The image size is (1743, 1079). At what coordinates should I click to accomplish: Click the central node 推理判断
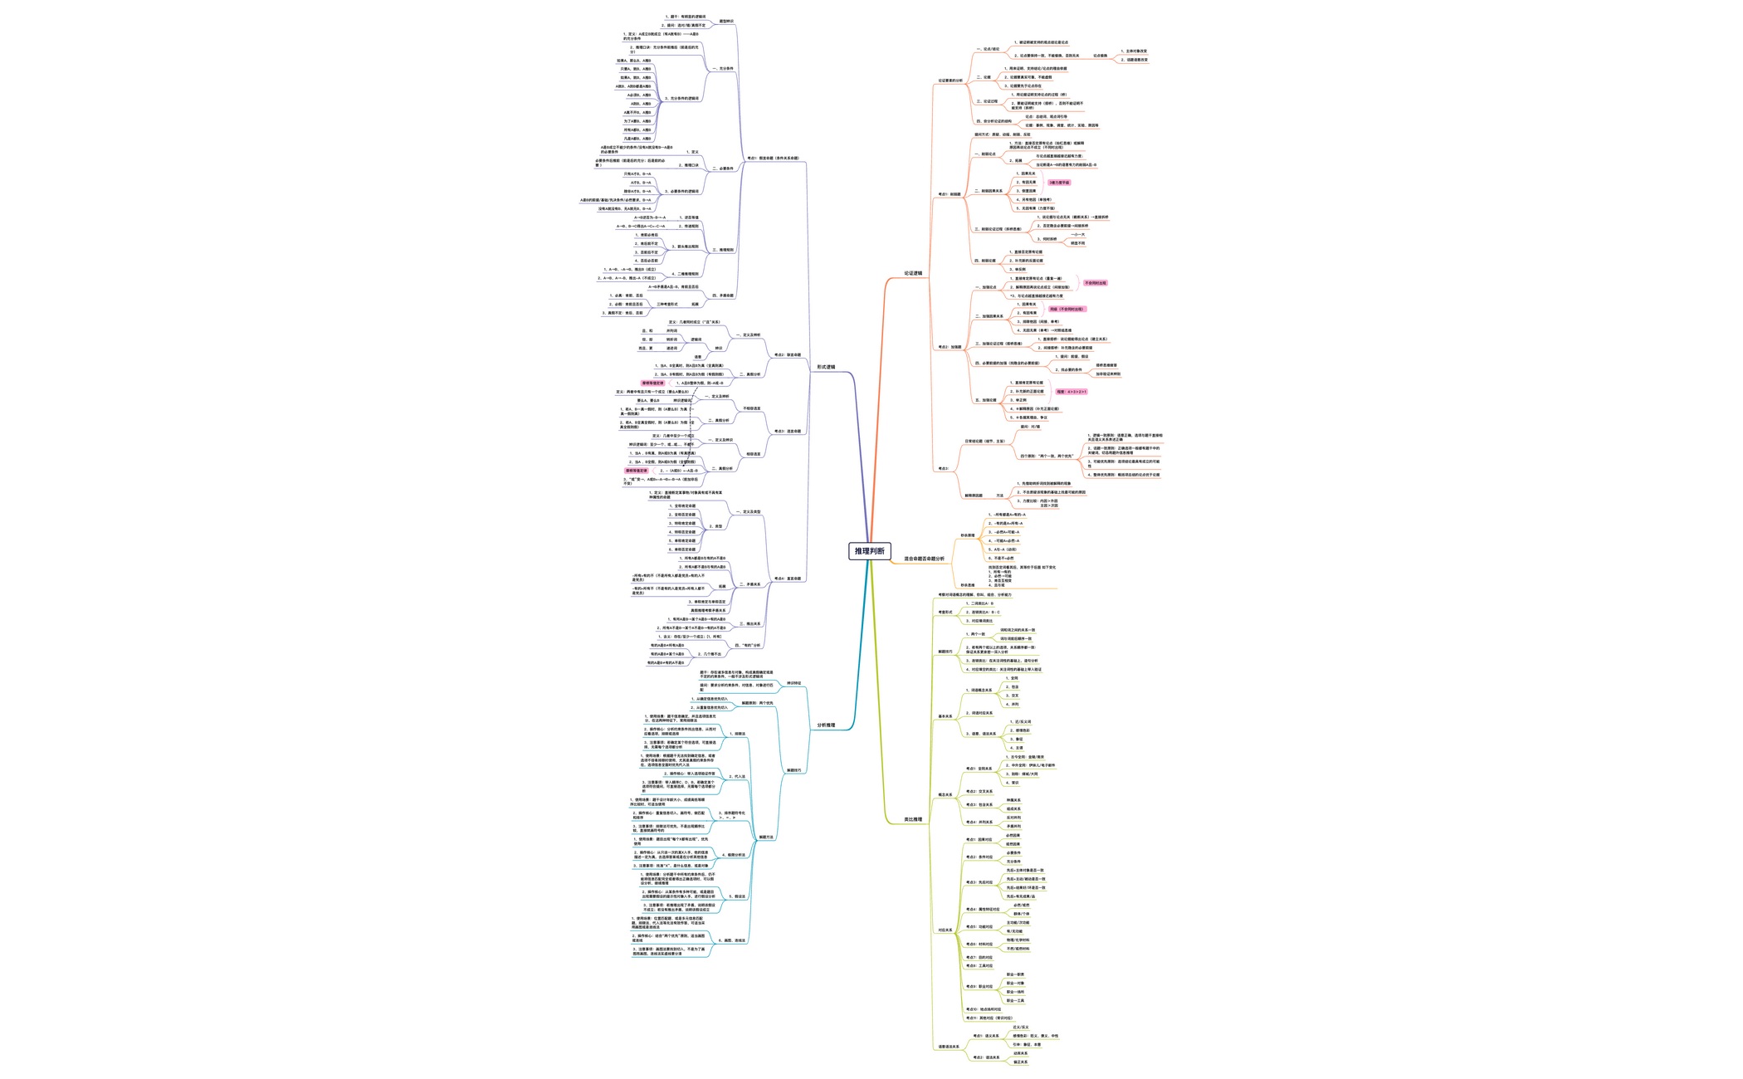point(869,551)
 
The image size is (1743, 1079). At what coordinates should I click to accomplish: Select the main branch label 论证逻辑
point(913,273)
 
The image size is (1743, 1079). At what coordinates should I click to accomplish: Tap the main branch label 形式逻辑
point(826,367)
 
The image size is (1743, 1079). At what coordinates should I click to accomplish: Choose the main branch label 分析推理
point(826,725)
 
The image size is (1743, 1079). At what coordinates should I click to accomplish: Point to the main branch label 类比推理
point(913,819)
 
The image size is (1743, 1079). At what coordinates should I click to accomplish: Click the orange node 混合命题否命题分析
point(924,559)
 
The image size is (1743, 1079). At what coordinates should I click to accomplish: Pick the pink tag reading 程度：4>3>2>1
point(1071,392)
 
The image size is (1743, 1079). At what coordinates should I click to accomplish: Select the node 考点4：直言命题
point(788,579)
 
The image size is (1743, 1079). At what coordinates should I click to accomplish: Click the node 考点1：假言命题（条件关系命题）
point(773,158)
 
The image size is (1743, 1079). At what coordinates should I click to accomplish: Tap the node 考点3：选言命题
point(788,432)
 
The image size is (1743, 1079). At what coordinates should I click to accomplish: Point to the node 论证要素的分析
point(950,81)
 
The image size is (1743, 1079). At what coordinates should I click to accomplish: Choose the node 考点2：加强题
point(950,347)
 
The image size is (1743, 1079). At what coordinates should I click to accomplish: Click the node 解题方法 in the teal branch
point(766,837)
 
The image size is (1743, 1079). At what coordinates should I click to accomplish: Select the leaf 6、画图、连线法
point(732,940)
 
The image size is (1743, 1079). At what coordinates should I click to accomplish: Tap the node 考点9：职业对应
point(979,987)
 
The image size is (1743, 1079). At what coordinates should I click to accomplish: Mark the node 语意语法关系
point(949,1047)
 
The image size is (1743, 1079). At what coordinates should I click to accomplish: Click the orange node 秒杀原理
point(968,535)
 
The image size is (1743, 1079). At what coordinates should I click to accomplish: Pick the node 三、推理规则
point(723,250)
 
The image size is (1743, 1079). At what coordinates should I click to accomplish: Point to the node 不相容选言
point(751,408)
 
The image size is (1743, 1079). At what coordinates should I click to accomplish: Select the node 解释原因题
point(973,496)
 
